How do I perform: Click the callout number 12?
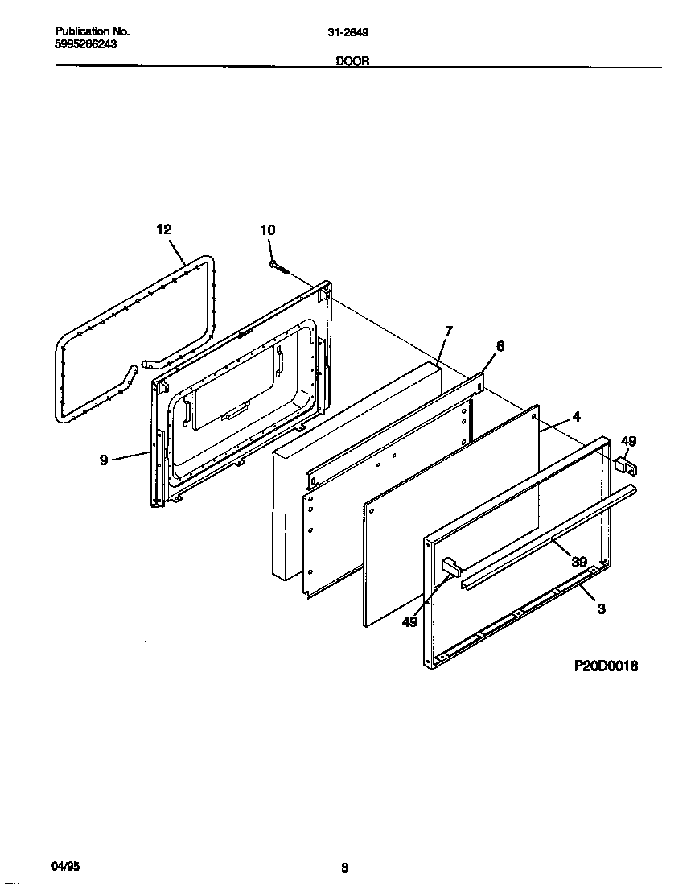pyautogui.click(x=163, y=229)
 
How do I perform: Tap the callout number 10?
pyautogui.click(x=268, y=230)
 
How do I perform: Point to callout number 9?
pyautogui.click(x=104, y=461)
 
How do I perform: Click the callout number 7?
pyautogui.click(x=448, y=331)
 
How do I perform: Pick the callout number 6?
pyautogui.click(x=500, y=346)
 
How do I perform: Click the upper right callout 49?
pyautogui.click(x=628, y=440)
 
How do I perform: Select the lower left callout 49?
pyautogui.click(x=409, y=621)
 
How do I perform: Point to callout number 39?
pyautogui.click(x=578, y=561)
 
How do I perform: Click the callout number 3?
pyautogui.click(x=601, y=609)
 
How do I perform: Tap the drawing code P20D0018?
pyautogui.click(x=606, y=666)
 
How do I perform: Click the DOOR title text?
pyautogui.click(x=352, y=61)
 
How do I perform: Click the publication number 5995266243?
pyautogui.click(x=85, y=45)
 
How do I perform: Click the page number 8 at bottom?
pyautogui.click(x=344, y=868)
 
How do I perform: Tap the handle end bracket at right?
pyautogui.click(x=624, y=465)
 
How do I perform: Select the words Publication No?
pyautogui.click(x=93, y=31)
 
